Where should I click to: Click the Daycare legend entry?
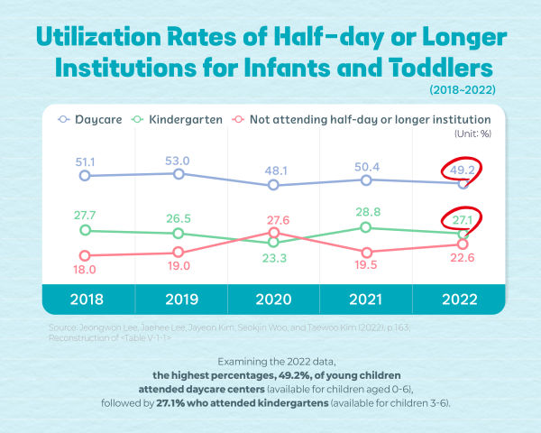click(x=91, y=118)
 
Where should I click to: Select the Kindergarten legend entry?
click(x=179, y=118)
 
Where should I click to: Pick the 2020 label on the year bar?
click(x=273, y=299)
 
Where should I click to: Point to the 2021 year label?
click(x=365, y=299)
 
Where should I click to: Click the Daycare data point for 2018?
click(x=85, y=176)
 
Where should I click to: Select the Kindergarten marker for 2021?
click(x=366, y=227)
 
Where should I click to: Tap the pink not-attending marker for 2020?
click(x=274, y=233)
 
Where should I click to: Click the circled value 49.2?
click(x=463, y=167)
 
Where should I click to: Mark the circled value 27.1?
click(x=463, y=218)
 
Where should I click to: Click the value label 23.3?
click(x=273, y=257)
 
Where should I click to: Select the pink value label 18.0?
click(x=84, y=269)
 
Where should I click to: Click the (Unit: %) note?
click(x=471, y=134)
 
